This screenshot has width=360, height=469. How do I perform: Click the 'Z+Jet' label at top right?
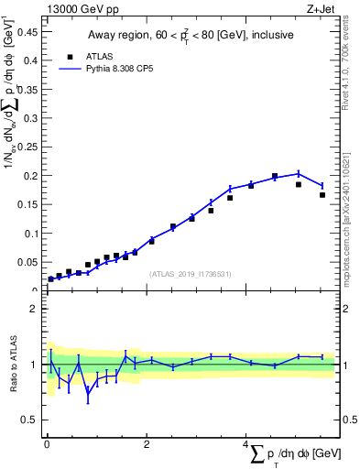pos(322,9)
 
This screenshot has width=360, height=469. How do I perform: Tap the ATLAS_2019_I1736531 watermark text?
pos(190,274)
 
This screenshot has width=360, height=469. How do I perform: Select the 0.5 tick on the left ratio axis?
pos(33,420)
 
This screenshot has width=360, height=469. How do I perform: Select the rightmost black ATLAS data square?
pos(322,194)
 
